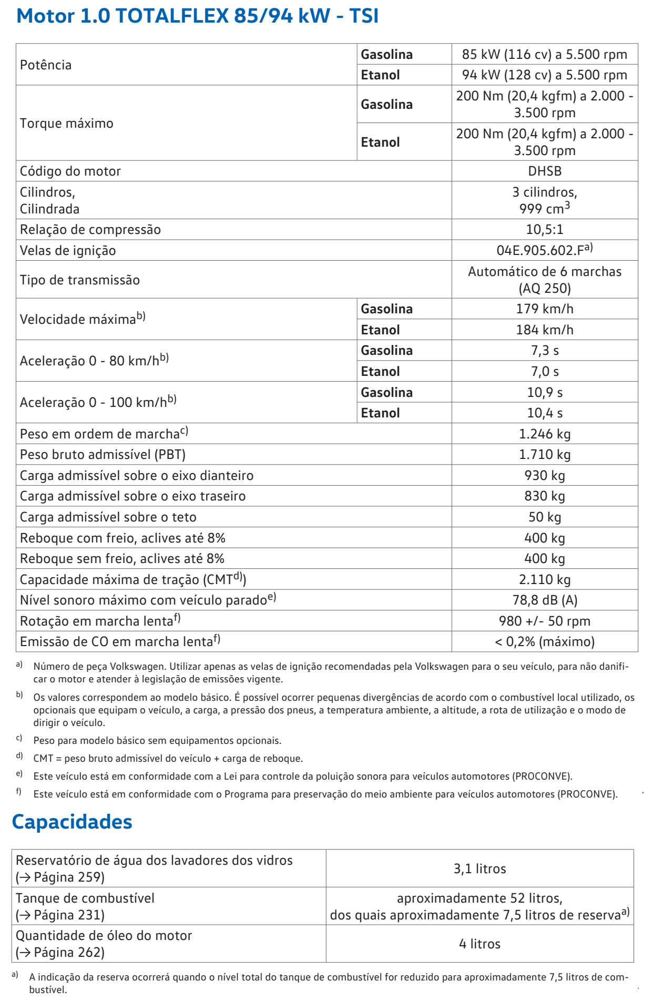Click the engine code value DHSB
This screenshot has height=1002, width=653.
point(545,171)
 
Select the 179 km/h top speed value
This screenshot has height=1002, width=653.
point(545,309)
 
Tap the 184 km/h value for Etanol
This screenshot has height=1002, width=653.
point(545,330)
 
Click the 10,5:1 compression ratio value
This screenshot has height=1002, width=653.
point(545,230)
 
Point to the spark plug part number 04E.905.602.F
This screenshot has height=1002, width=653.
point(542,251)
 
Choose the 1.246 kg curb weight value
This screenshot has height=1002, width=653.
point(545,434)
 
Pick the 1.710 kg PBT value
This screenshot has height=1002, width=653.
point(545,454)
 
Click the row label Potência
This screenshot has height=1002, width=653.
point(46,65)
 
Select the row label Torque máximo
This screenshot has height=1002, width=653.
point(67,124)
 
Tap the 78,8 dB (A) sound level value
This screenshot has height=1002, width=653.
point(545,600)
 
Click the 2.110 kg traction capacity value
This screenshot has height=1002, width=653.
point(545,579)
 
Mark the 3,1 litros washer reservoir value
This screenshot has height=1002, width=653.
point(479,868)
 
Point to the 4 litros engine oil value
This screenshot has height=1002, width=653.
point(479,944)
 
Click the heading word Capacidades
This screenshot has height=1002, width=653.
point(72,822)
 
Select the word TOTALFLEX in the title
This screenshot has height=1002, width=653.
point(172,16)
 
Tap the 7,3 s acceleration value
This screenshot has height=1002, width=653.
point(545,351)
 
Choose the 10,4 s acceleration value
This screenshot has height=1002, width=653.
point(545,413)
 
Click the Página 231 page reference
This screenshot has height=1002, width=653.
point(69,915)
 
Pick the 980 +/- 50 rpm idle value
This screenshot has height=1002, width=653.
point(545,621)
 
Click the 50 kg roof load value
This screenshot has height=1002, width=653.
point(545,517)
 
